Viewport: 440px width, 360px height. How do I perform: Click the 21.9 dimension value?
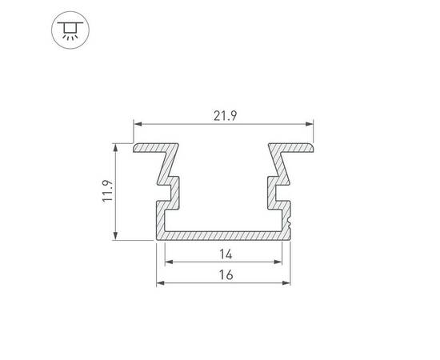tap(223, 115)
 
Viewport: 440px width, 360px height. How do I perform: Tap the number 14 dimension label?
tap(224, 254)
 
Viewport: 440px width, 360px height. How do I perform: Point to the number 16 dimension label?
tap(224, 275)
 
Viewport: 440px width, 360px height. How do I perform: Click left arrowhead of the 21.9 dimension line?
tap(137, 124)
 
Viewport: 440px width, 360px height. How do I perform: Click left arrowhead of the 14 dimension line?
tap(168, 262)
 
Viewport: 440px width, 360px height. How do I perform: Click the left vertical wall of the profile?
tap(160, 220)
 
